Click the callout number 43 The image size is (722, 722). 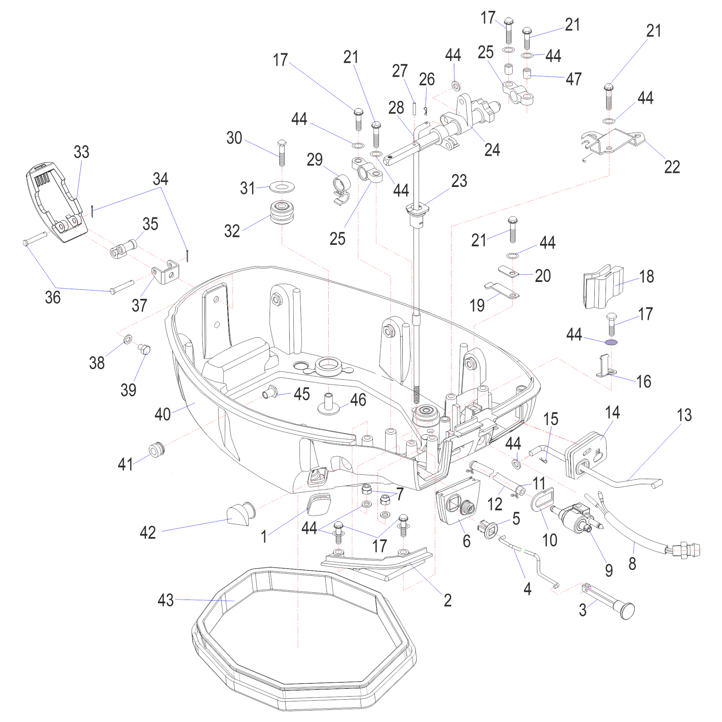166,600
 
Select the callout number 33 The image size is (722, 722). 82,152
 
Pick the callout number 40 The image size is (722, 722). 162,414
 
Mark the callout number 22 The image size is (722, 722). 671,167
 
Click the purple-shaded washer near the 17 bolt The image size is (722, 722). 611,342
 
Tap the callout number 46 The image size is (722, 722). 358,400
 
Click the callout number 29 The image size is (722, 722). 315,160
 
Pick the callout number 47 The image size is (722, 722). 574,79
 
